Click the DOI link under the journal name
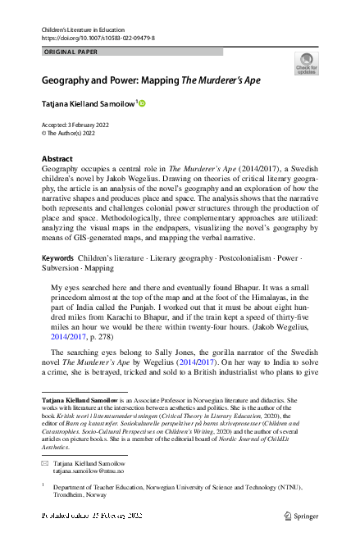point(98,39)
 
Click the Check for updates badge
point(306,64)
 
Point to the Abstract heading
point(57,157)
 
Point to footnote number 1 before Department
point(43,485)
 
